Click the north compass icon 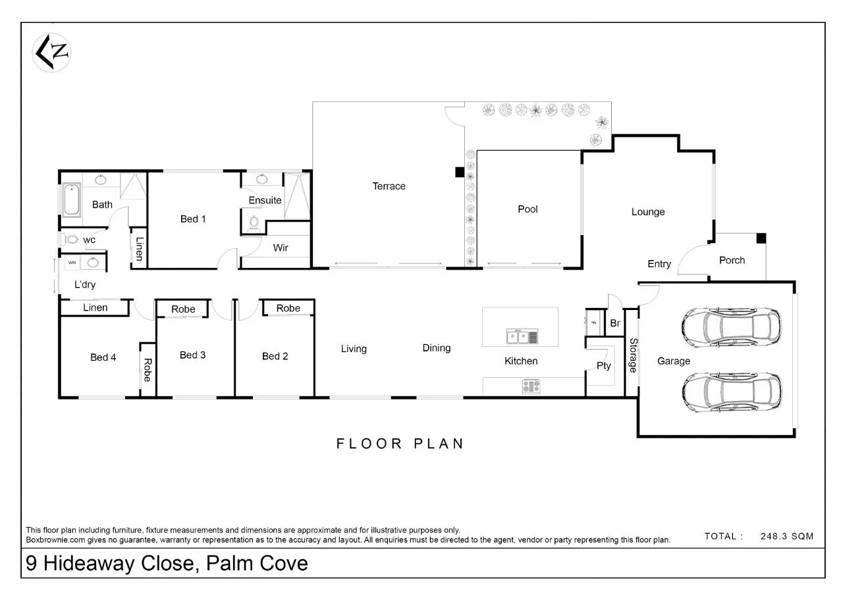(52, 53)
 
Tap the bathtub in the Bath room (72, 200)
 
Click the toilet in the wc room (70, 240)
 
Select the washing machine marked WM (72, 263)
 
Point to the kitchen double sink (522, 337)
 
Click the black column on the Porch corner (761, 238)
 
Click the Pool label (528, 209)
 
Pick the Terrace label (389, 186)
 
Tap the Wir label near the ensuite (280, 248)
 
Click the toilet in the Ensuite (254, 222)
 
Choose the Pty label (603, 366)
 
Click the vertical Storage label (633, 355)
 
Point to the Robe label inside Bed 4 (148, 370)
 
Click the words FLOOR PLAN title (400, 444)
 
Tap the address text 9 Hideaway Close (166, 564)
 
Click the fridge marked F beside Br (593, 323)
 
